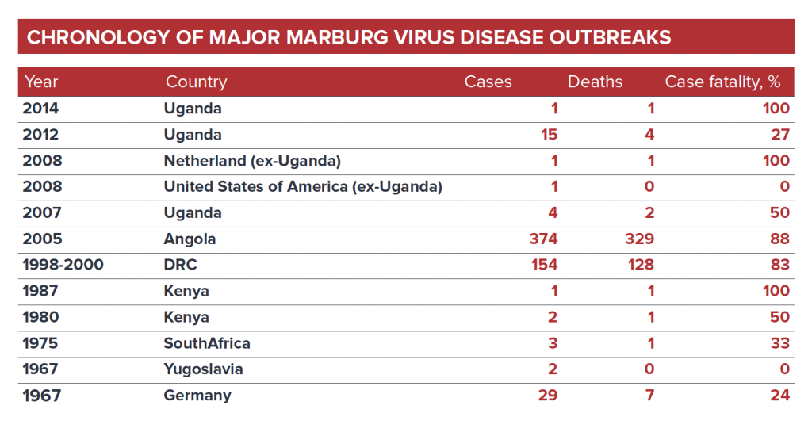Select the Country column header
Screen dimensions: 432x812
coord(196,82)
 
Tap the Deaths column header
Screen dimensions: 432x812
coord(595,82)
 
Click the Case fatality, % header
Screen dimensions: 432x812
coord(722,82)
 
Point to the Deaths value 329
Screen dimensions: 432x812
coord(638,239)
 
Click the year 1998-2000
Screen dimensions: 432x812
coord(63,265)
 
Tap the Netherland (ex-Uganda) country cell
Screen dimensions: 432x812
coord(252,161)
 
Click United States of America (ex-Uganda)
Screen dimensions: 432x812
coord(302,187)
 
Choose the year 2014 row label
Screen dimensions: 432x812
coord(42,109)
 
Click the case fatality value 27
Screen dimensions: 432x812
coord(780,135)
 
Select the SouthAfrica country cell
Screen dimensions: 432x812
coord(207,343)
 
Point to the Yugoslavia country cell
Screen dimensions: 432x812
coord(203,369)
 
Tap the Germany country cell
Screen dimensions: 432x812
coord(197,395)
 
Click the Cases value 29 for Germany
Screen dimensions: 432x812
coord(547,395)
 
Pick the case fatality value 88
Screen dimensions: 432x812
coord(780,239)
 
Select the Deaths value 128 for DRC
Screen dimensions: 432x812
coord(638,265)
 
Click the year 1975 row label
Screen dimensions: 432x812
coord(42,343)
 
